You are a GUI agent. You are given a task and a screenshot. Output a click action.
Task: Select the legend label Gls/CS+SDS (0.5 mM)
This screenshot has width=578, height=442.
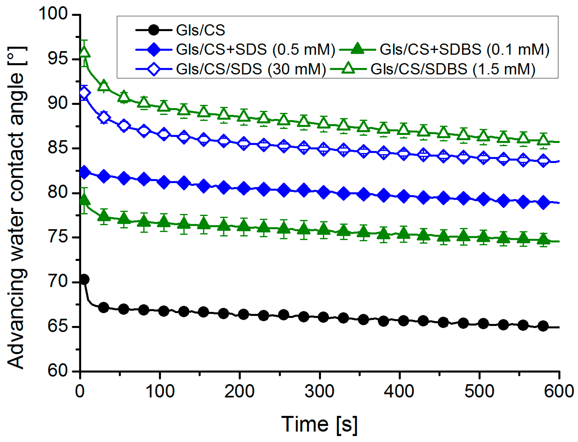(255, 49)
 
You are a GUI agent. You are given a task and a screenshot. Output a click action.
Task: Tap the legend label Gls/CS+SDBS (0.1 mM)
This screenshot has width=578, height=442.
(464, 49)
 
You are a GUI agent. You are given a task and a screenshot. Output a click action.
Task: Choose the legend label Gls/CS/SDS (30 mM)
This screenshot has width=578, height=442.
(251, 69)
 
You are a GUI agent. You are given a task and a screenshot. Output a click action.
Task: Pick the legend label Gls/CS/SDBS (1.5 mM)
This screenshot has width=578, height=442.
(453, 69)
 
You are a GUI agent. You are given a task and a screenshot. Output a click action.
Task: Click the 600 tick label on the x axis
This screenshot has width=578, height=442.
(558, 391)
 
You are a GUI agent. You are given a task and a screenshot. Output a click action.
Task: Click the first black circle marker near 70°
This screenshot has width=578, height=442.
(84, 279)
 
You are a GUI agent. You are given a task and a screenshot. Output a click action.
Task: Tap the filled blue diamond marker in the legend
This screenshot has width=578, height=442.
(153, 49)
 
